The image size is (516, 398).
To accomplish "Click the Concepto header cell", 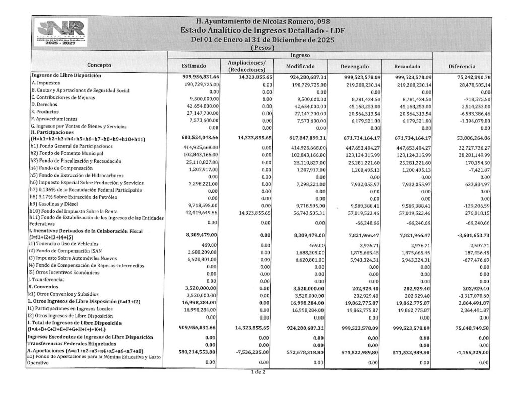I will coord(99,65).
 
